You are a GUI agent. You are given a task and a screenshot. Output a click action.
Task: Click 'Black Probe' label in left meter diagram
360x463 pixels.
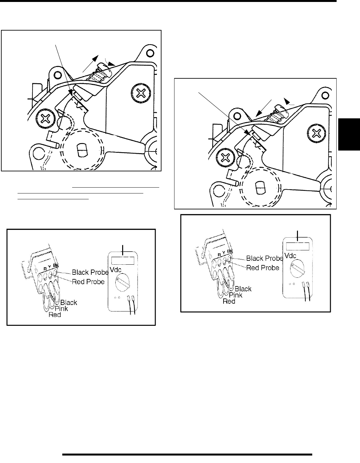[90, 272]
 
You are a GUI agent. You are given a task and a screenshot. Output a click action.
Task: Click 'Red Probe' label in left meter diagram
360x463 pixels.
[88, 282]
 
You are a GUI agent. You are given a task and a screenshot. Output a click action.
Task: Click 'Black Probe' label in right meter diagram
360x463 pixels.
[264, 258]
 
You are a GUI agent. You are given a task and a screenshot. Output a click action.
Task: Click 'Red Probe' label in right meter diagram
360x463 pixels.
[263, 268]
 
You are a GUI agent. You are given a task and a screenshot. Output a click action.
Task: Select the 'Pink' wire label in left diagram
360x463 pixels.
[61, 309]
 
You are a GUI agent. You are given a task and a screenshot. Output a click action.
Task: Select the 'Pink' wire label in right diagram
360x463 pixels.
[236, 295]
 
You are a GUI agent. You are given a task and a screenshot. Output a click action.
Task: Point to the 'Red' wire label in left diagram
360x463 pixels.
[55, 315]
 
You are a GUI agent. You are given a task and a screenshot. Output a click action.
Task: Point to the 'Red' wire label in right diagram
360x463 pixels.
[229, 301]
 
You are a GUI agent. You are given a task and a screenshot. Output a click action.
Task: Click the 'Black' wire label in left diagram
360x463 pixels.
[69, 302]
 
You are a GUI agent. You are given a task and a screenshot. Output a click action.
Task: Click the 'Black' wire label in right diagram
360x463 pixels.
[243, 289]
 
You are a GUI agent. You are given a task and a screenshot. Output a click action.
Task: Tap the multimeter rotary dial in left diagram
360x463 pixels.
[122, 284]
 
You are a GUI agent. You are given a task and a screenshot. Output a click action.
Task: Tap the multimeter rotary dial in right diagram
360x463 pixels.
[296, 270]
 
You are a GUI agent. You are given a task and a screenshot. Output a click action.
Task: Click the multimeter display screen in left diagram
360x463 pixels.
[123, 260]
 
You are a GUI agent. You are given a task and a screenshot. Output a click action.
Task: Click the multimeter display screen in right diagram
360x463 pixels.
[297, 246]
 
